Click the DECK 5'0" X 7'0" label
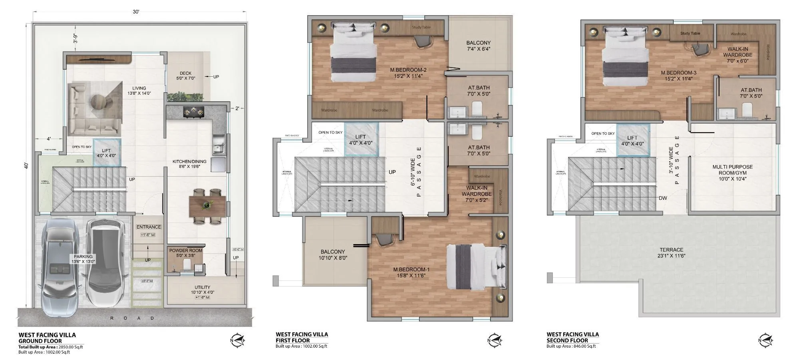tap(185, 76)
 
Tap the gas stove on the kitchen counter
tap(193, 111)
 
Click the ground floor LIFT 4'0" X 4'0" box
tap(106, 153)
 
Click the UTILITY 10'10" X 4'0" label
tap(203, 290)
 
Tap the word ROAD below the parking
tap(132, 318)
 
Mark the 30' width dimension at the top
tap(136, 12)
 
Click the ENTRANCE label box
tap(149, 227)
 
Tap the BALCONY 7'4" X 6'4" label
tap(478, 46)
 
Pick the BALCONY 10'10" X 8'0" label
tap(332, 255)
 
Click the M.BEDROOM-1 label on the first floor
tap(411, 272)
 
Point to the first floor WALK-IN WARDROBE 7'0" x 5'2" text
tap(477, 194)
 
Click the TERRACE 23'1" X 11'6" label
tap(671, 253)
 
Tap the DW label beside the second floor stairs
tap(663, 198)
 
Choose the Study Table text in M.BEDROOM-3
tap(690, 34)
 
